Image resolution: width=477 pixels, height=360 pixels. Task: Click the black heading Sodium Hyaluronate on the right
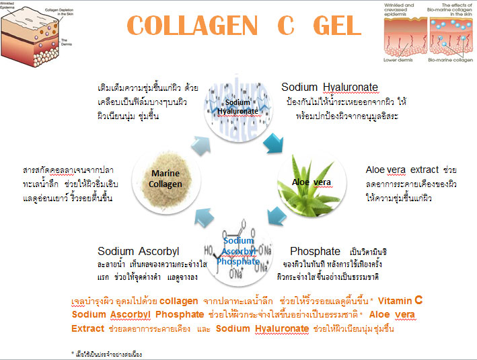(330, 87)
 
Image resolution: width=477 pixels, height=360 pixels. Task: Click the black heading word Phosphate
(316, 252)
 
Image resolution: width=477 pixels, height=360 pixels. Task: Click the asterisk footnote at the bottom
(107, 353)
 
